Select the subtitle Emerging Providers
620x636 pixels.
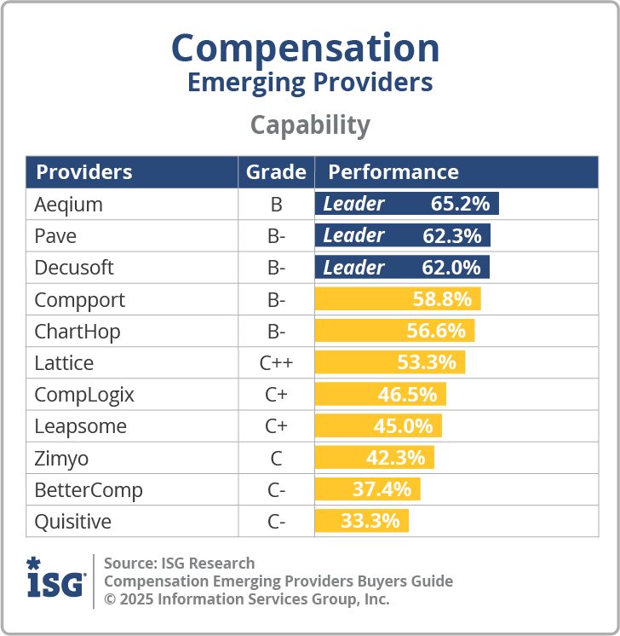click(309, 83)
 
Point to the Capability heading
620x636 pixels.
click(309, 125)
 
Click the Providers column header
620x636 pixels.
click(84, 172)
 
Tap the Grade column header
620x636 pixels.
click(276, 172)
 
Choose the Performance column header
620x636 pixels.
click(393, 172)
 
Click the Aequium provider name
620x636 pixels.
click(68, 205)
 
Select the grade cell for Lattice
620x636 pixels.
click(276, 363)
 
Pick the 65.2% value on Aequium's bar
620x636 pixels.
click(460, 204)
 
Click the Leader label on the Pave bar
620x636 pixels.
click(353, 235)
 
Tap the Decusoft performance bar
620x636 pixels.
click(402, 268)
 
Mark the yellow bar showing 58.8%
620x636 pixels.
click(398, 299)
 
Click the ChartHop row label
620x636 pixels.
click(77, 331)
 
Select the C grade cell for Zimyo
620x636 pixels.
click(276, 459)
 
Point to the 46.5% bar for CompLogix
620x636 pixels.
click(381, 395)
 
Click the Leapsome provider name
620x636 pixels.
click(80, 426)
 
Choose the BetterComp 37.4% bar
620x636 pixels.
click(368, 489)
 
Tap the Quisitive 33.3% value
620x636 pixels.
click(370, 521)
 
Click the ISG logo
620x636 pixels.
click(56, 580)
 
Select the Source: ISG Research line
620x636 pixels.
click(179, 564)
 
